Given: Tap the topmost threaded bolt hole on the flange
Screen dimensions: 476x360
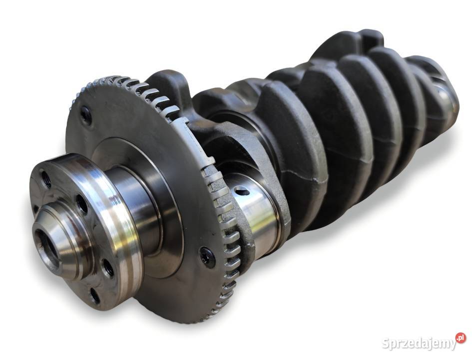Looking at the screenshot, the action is click(46, 179).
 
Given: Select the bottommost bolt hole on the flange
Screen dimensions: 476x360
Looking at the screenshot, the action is click(95, 296).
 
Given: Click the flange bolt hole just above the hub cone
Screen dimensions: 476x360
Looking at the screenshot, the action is click(81, 203).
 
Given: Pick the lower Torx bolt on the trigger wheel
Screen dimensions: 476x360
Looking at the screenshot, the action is click(208, 257).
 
